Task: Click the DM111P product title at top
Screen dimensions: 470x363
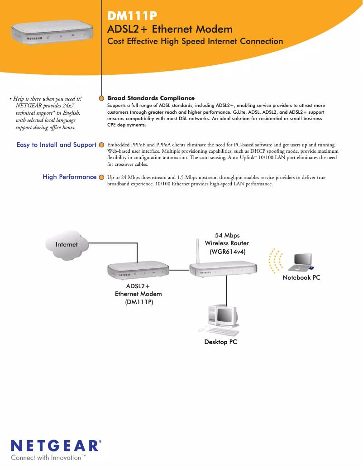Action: tap(132, 17)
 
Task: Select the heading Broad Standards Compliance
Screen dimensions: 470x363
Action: tap(151, 98)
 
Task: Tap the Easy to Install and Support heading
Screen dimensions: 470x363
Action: tap(56, 145)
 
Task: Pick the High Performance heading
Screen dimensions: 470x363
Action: tap(69, 177)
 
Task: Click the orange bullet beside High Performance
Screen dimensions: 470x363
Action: tap(102, 177)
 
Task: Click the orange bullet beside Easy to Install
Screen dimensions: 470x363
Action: tap(102, 145)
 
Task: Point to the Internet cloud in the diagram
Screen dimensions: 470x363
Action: tap(67, 245)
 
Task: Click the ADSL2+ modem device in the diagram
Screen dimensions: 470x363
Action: tap(138, 271)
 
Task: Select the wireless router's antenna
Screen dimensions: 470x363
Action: tap(197, 252)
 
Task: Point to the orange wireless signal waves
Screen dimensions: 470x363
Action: tap(275, 262)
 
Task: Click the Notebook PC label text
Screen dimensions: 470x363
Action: tap(301, 277)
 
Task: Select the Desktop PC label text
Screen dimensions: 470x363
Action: tap(220, 342)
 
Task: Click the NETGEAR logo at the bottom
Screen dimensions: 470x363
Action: tap(56, 446)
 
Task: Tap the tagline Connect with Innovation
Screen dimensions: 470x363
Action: tap(48, 458)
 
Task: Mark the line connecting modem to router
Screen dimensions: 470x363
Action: tap(179, 270)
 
